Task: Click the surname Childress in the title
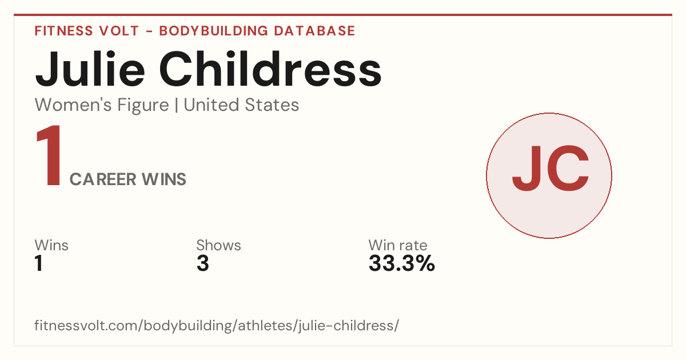pyautogui.click(x=270, y=69)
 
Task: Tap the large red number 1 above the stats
pyautogui.click(x=49, y=155)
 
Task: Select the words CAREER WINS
pyautogui.click(x=127, y=179)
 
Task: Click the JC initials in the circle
pyautogui.click(x=551, y=169)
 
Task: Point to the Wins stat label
pyautogui.click(x=51, y=245)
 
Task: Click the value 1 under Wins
pyautogui.click(x=39, y=263)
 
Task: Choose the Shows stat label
pyautogui.click(x=218, y=245)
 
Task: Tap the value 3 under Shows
pyautogui.click(x=203, y=263)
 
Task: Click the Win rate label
pyautogui.click(x=398, y=245)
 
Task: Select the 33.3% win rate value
pyautogui.click(x=401, y=263)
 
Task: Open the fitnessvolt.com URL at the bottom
pyautogui.click(x=217, y=325)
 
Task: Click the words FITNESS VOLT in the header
pyautogui.click(x=87, y=31)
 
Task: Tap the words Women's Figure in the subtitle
pyautogui.click(x=102, y=105)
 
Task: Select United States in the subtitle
pyautogui.click(x=241, y=105)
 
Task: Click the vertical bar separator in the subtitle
pyautogui.click(x=177, y=105)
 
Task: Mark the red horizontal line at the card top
pyautogui.click(x=343, y=15)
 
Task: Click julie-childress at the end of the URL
pyautogui.click(x=346, y=325)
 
